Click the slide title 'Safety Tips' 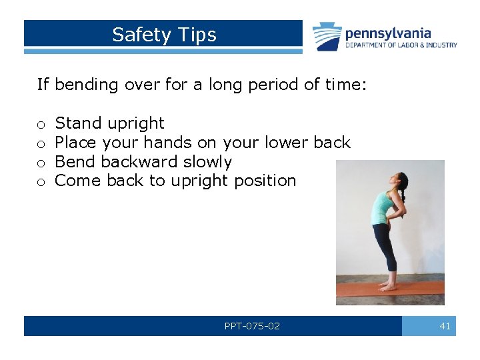pyautogui.click(x=164, y=35)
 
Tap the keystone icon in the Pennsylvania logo pyautogui.click(x=327, y=36)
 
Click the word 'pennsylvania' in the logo pyautogui.click(x=388, y=33)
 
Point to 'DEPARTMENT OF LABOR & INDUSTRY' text pyautogui.click(x=401, y=45)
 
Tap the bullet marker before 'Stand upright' pyautogui.click(x=41, y=124)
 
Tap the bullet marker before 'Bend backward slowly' pyautogui.click(x=41, y=163)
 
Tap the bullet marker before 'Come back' pyautogui.click(x=41, y=181)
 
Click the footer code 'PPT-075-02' pyautogui.click(x=252, y=326)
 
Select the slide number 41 pyautogui.click(x=445, y=326)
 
